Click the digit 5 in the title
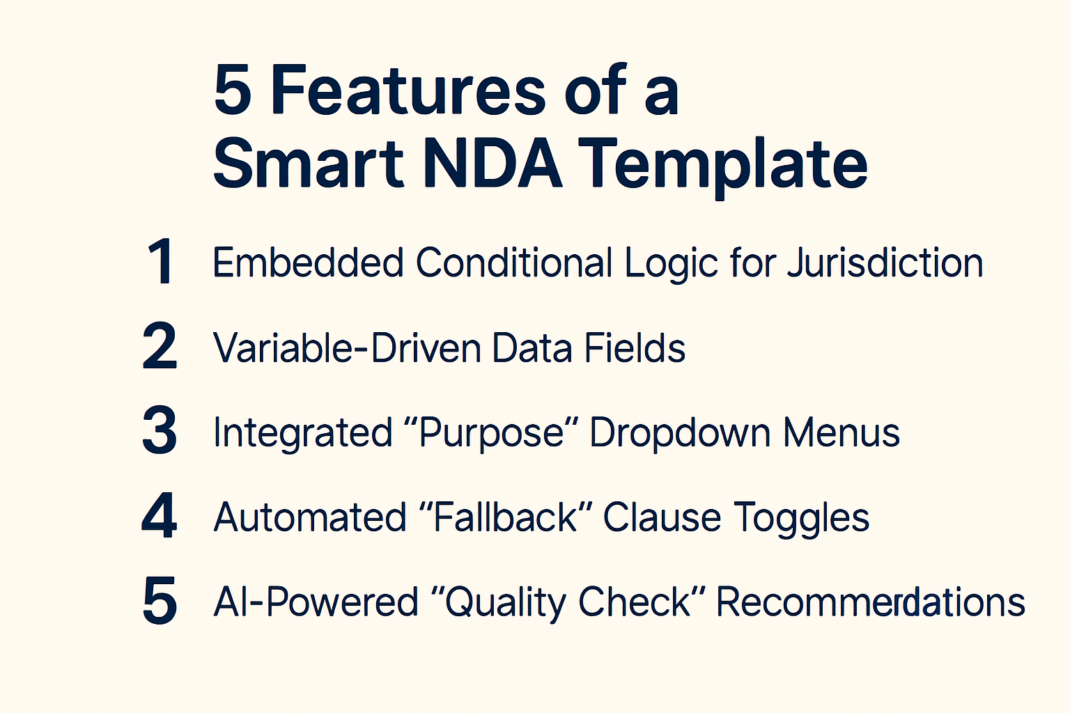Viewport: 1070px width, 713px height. click(233, 91)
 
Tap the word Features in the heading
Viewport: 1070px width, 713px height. click(408, 91)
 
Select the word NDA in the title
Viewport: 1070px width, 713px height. click(492, 164)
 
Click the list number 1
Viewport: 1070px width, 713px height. click(161, 262)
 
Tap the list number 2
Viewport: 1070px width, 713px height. click(160, 347)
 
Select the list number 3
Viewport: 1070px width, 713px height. click(160, 432)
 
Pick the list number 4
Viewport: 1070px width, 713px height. click(160, 517)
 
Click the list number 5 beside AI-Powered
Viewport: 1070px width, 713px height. click(160, 601)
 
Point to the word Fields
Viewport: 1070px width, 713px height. click(635, 348)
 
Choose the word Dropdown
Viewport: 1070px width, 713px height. click(680, 433)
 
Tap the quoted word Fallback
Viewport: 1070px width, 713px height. click(505, 518)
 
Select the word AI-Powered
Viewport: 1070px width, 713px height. click(316, 602)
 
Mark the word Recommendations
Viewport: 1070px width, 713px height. click(870, 602)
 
